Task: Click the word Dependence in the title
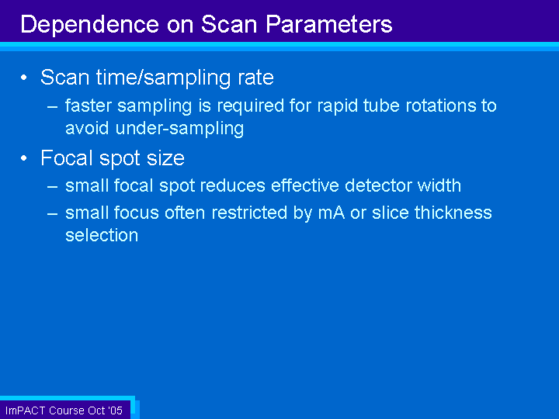[x=90, y=24]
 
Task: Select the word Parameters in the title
[x=328, y=24]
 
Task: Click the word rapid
[x=337, y=106]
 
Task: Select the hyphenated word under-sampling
[x=179, y=129]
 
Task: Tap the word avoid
[x=87, y=128]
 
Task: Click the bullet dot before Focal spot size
[x=24, y=158]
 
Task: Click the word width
[x=439, y=185]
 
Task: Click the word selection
[x=102, y=235]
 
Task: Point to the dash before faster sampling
[x=53, y=106]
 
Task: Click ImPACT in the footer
[x=25, y=410]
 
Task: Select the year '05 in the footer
[x=114, y=410]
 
